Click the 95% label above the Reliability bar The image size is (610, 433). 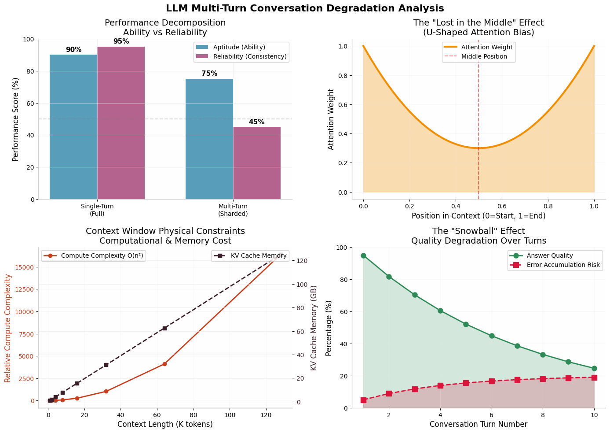pyautogui.click(x=121, y=41)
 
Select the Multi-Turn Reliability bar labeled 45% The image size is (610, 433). pyautogui.click(x=257, y=163)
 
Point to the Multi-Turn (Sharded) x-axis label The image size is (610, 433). pyautogui.click(x=233, y=210)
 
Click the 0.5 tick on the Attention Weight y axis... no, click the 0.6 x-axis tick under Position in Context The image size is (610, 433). pyautogui.click(x=502, y=205)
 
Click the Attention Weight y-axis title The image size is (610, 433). pyautogui.click(x=331, y=119)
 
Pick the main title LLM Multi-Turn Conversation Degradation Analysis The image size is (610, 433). pyautogui.click(x=305, y=8)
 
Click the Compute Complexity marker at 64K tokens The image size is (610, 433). pyautogui.click(x=164, y=364)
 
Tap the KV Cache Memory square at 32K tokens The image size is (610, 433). pyautogui.click(x=106, y=365)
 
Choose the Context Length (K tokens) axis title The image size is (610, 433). pyautogui.click(x=165, y=424)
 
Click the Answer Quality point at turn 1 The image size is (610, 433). pyautogui.click(x=363, y=255)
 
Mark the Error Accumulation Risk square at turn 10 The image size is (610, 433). pyautogui.click(x=594, y=377)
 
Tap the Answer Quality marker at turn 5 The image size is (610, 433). pyautogui.click(x=466, y=324)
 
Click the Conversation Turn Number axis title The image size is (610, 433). pyautogui.click(x=479, y=424)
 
